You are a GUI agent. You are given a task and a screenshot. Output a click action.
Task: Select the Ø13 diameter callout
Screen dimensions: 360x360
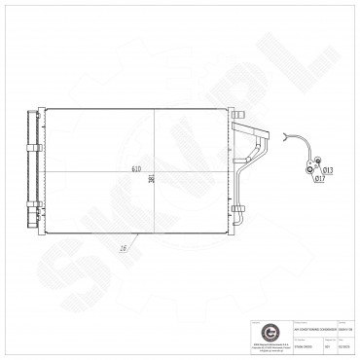[330, 170]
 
